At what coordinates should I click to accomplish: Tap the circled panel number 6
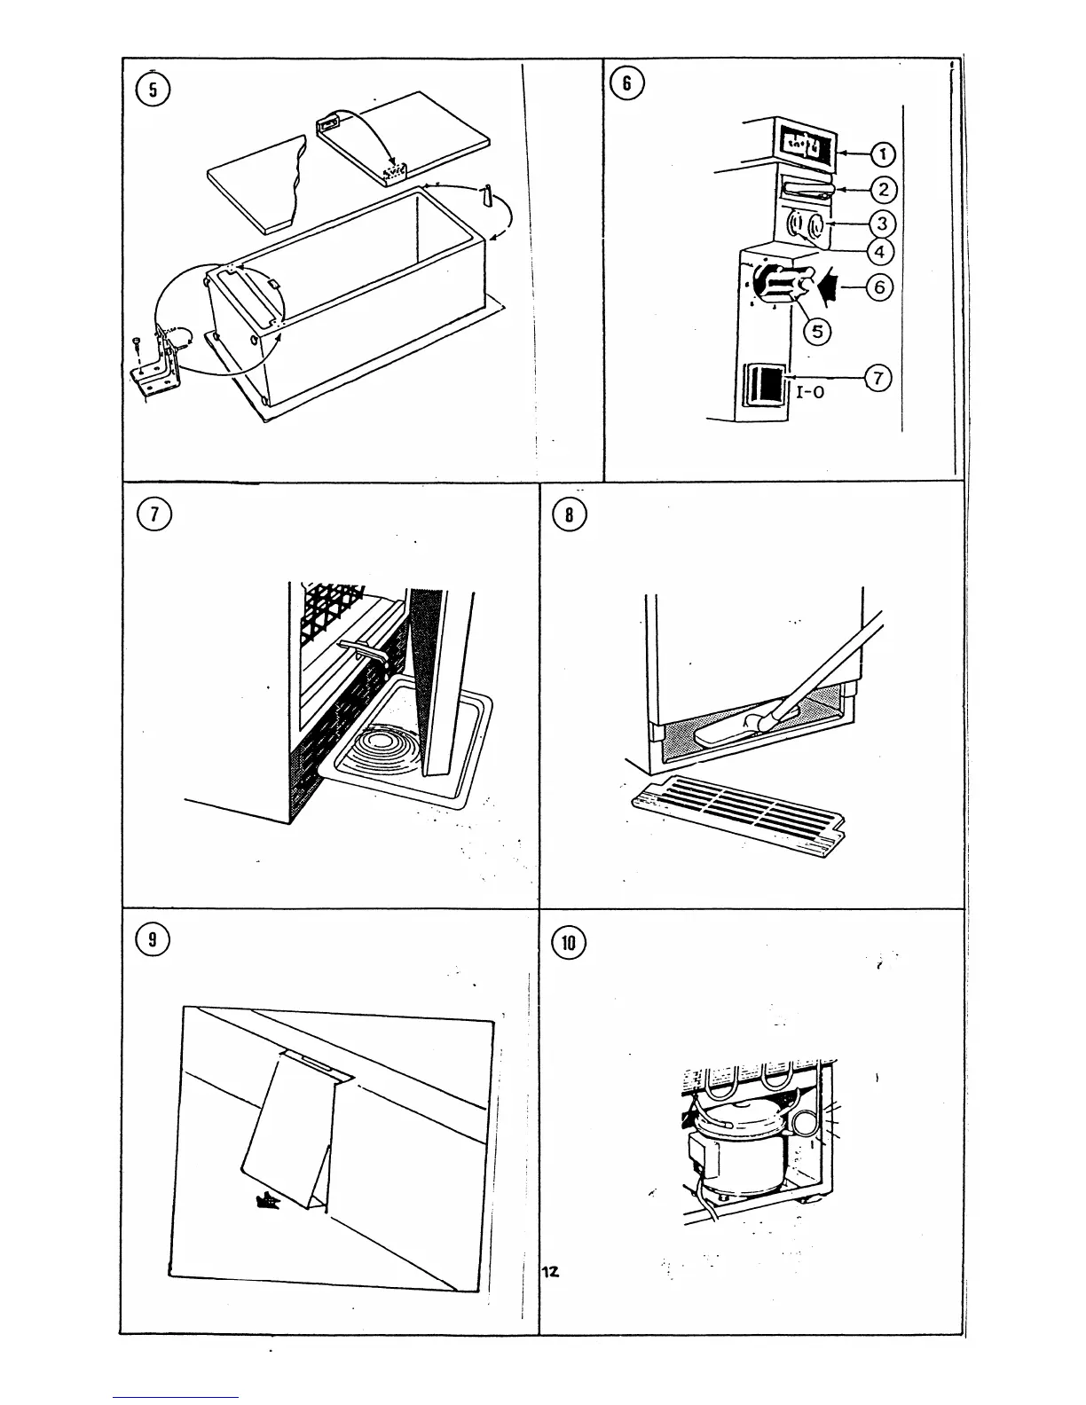click(627, 83)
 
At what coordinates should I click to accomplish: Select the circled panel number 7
click(153, 514)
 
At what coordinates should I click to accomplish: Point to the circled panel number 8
click(569, 515)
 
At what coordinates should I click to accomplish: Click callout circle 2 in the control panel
click(885, 189)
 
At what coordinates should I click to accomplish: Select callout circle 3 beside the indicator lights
click(881, 222)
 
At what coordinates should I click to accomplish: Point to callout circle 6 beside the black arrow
click(880, 286)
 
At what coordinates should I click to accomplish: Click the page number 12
click(550, 1272)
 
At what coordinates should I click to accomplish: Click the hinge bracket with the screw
click(158, 365)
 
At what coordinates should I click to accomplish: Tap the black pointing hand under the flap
click(266, 1202)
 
